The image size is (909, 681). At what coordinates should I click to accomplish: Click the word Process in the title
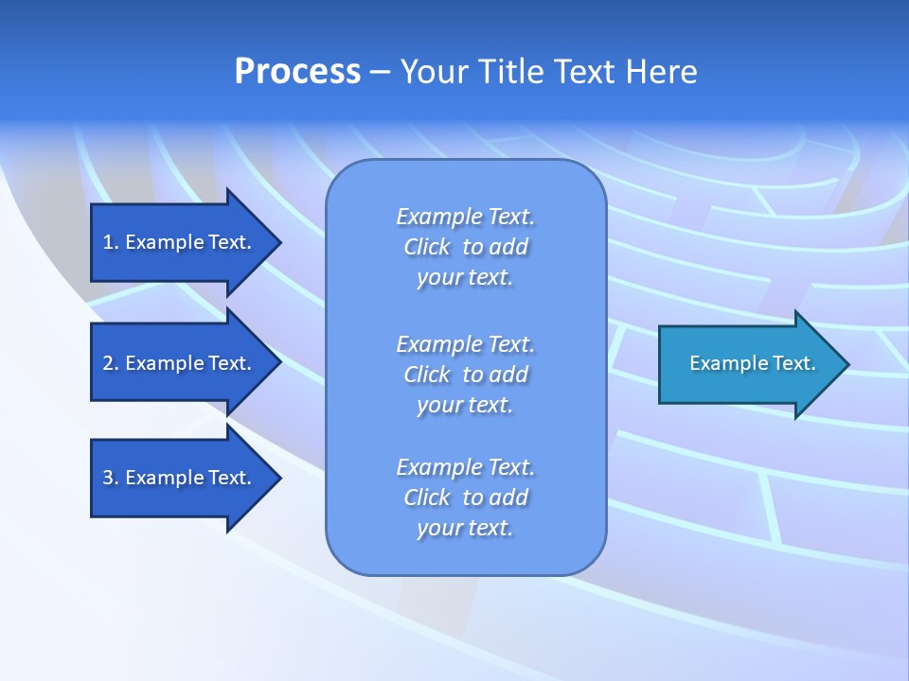[297, 72]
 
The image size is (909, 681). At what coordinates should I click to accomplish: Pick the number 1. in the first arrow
[111, 242]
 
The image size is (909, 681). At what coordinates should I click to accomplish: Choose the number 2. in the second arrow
[111, 363]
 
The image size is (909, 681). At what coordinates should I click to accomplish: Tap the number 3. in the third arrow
[111, 478]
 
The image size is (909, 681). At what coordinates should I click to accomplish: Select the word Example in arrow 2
[164, 363]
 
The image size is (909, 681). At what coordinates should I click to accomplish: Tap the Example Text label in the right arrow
[752, 363]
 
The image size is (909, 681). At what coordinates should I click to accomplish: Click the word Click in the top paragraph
[427, 247]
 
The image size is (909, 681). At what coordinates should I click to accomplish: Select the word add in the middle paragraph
[509, 375]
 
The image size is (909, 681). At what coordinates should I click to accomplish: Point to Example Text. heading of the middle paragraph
[465, 344]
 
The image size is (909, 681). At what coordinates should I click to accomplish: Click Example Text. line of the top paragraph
[465, 217]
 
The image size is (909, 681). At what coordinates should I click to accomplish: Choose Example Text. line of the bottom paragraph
[465, 467]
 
